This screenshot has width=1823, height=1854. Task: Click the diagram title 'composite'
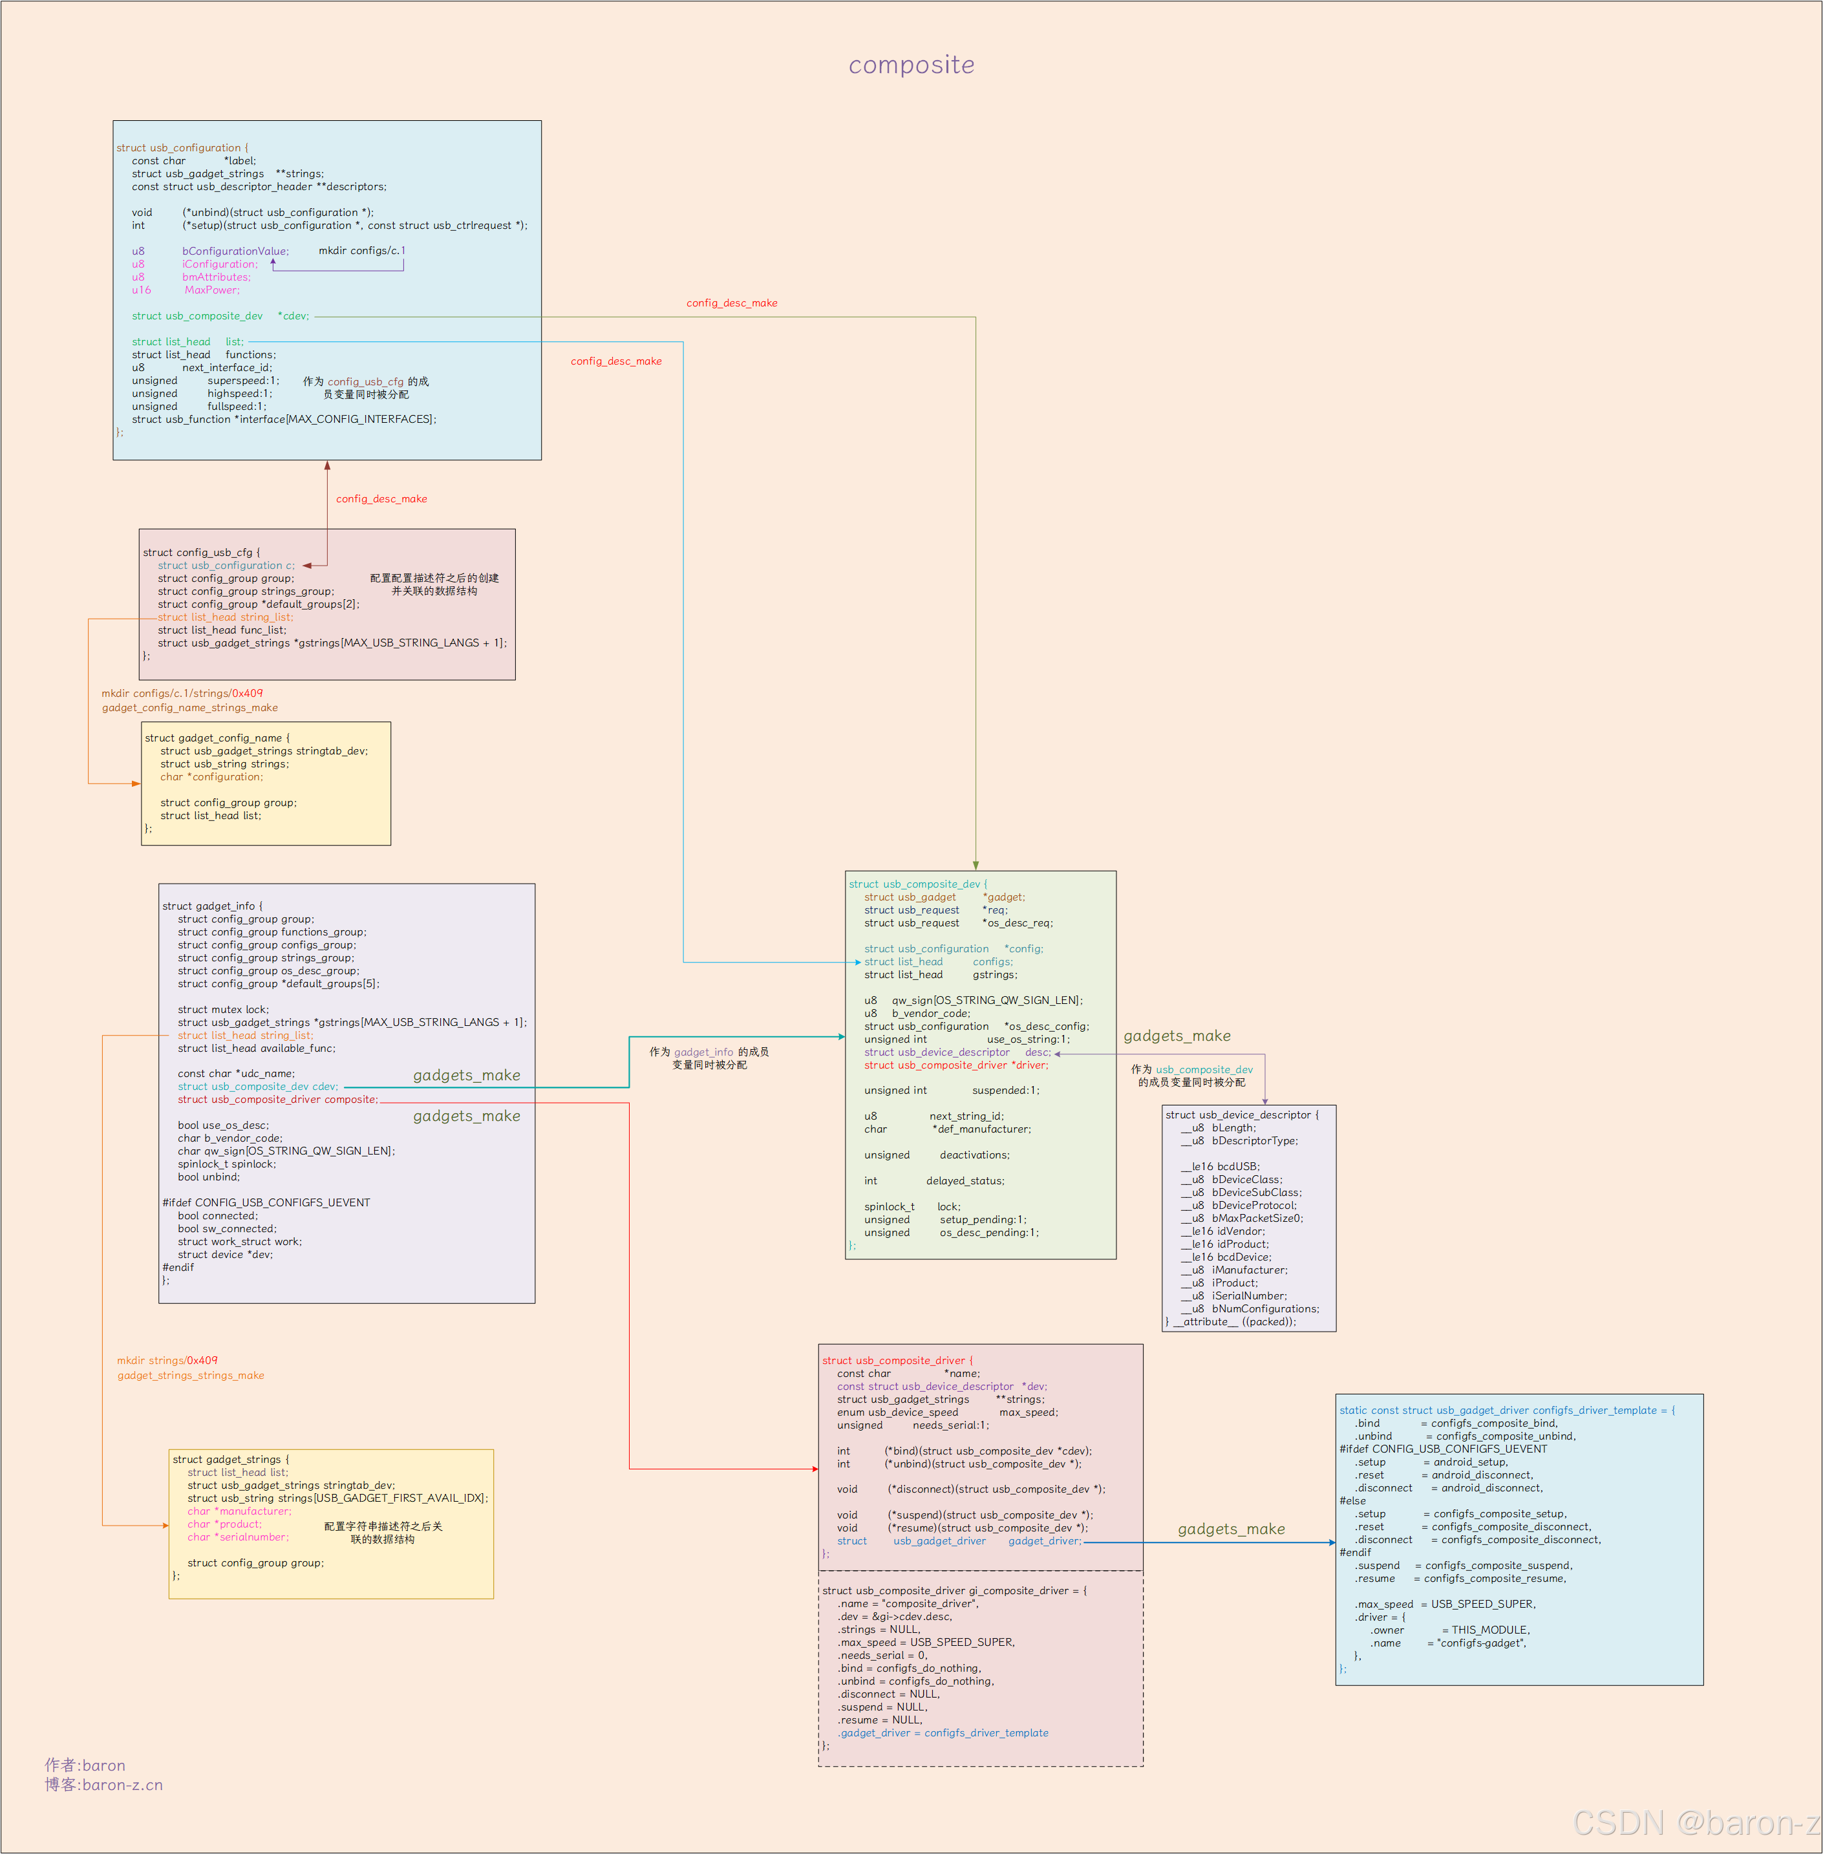click(x=911, y=65)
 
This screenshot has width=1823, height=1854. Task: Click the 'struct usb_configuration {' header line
click(x=182, y=147)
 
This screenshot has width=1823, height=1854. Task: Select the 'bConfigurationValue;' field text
click(x=235, y=251)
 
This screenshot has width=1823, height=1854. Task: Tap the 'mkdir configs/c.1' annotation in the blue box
click(x=361, y=251)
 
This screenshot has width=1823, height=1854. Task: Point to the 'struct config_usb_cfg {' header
click(x=201, y=553)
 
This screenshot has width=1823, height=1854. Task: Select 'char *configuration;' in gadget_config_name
click(x=211, y=776)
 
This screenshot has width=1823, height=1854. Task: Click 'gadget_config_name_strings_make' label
click(x=189, y=708)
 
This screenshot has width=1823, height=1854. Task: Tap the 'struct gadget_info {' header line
click(x=211, y=906)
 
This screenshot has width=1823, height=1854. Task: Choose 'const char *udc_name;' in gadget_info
click(x=235, y=1074)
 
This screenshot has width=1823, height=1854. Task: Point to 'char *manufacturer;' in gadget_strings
click(x=239, y=1511)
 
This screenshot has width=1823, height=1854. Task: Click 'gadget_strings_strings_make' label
click(x=191, y=1375)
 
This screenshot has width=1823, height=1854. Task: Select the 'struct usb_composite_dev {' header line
click(x=917, y=884)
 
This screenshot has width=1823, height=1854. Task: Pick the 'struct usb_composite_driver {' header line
click(x=897, y=1360)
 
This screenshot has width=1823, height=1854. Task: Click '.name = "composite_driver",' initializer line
click(x=908, y=1603)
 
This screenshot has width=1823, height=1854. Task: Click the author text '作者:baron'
click(x=85, y=1765)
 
